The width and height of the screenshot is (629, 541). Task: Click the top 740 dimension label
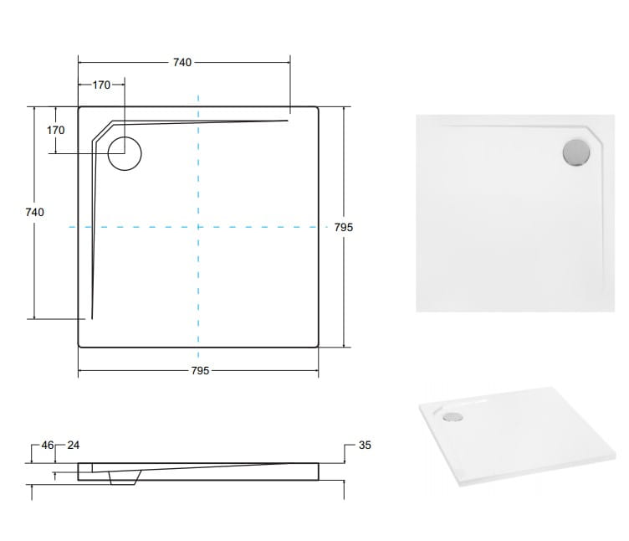[182, 62]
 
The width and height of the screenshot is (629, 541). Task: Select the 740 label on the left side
[34, 212]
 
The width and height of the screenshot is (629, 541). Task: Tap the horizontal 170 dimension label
[101, 85]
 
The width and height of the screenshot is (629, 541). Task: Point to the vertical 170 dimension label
[55, 130]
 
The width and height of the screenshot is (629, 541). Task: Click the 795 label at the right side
[344, 227]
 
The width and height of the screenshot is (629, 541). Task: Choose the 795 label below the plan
[200, 371]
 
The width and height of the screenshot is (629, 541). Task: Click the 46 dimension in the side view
[48, 445]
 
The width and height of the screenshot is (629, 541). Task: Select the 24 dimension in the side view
[74, 445]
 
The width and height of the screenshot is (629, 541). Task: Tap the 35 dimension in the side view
[365, 445]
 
